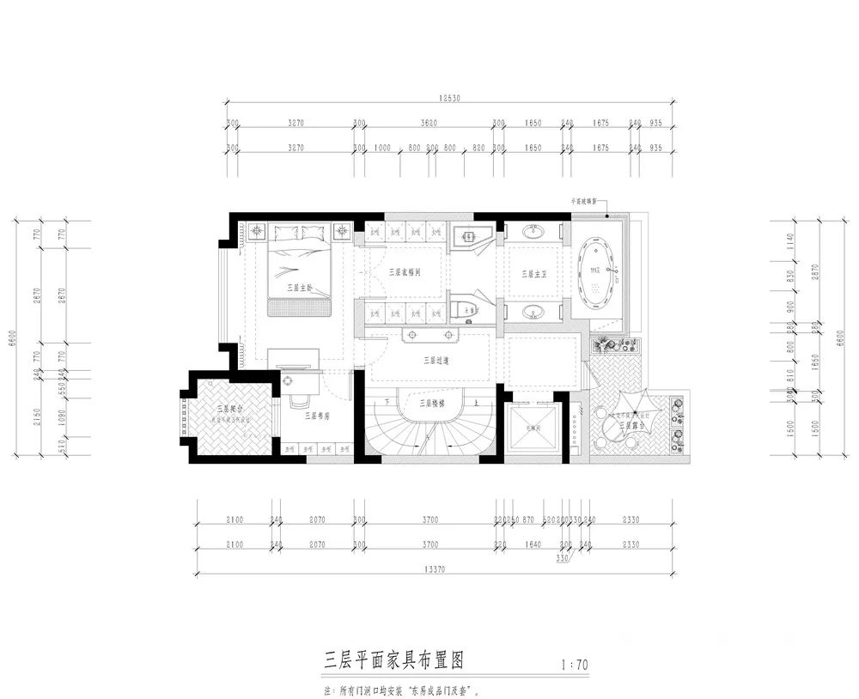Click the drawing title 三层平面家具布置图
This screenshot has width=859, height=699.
coord(394,660)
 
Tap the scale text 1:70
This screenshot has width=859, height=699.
coord(573,665)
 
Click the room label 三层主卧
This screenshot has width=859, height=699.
coord(300,288)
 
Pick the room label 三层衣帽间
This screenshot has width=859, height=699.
coord(404,271)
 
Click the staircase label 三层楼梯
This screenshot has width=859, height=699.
coord(430,402)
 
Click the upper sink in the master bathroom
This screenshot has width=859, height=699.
coord(533,232)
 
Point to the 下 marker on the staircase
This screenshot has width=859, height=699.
coord(388,402)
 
